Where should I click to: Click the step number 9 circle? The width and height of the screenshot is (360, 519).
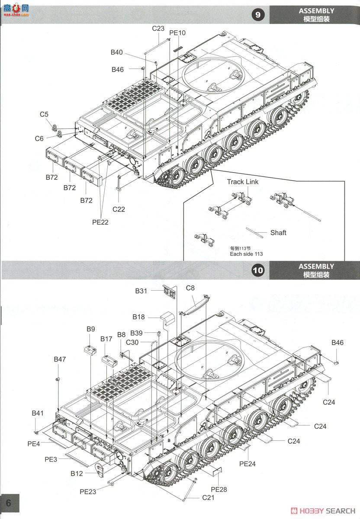(x=258, y=15)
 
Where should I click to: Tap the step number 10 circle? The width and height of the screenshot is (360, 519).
(x=258, y=271)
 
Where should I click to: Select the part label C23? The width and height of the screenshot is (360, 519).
(x=158, y=29)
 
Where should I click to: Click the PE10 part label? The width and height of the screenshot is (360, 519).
(x=177, y=33)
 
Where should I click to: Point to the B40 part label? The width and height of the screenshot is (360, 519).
(x=116, y=52)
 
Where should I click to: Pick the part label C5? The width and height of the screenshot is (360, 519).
(x=44, y=114)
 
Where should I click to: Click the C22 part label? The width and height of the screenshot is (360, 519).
(x=119, y=209)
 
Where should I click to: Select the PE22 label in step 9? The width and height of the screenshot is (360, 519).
(x=100, y=222)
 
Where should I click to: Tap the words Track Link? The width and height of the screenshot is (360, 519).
(x=242, y=182)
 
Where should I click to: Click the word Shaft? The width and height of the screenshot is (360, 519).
(x=278, y=233)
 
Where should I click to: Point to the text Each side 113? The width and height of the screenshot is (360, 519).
(x=246, y=254)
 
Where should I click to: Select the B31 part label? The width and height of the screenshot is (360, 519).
(x=141, y=291)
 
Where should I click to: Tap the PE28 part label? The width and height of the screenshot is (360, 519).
(x=219, y=490)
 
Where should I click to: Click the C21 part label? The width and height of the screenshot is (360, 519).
(x=208, y=498)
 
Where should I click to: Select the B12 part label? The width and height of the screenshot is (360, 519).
(x=77, y=474)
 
